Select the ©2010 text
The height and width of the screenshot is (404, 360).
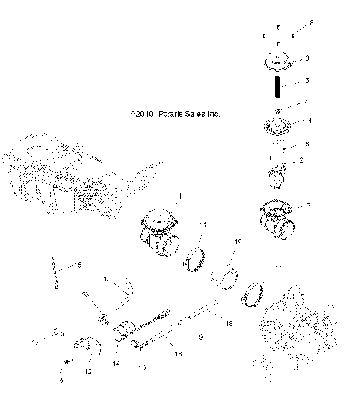tap(142, 115)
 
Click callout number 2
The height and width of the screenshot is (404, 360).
tap(301, 160)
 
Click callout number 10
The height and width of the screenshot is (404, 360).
tap(108, 279)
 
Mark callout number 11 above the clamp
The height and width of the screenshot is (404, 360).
tap(203, 225)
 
